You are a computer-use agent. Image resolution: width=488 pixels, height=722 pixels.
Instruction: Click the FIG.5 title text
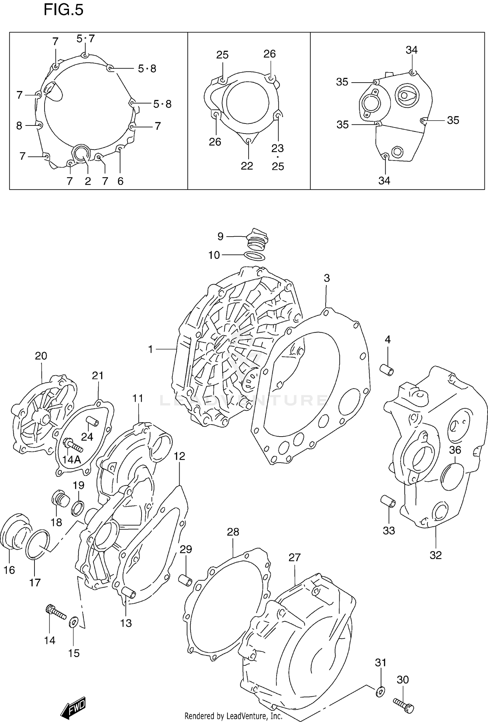63,10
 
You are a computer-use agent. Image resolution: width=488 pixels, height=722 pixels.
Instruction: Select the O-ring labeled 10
254,256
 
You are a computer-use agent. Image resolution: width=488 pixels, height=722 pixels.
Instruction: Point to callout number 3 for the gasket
327,278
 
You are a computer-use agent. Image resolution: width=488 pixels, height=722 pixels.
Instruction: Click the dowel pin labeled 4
387,370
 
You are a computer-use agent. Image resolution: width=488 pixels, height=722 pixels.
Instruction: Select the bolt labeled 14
56,612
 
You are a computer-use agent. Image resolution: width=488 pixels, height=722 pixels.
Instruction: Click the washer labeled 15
73,622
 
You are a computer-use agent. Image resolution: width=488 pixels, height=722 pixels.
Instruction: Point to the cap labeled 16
15,532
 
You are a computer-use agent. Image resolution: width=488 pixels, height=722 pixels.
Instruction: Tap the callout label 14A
71,459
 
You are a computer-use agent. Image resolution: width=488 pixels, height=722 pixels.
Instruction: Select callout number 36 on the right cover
455,450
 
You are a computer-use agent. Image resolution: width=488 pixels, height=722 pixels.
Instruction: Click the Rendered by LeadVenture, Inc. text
233,716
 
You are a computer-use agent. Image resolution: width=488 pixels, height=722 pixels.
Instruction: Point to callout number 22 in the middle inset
247,166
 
